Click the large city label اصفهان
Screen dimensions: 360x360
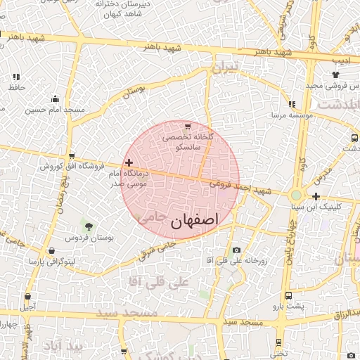point(195,220)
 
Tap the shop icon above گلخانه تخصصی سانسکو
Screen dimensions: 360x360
point(187,126)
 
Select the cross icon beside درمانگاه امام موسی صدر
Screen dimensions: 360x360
point(129,162)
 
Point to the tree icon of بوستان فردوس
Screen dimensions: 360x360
point(88,225)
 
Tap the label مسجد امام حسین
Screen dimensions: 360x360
point(55,110)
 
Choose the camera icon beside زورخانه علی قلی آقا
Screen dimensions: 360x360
point(236,251)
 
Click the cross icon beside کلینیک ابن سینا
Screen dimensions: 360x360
point(316,196)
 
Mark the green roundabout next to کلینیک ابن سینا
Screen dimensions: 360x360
point(296,195)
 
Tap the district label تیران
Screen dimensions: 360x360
point(225,67)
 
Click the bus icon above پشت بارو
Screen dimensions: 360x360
point(288,296)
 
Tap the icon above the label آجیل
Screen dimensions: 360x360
point(27,297)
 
